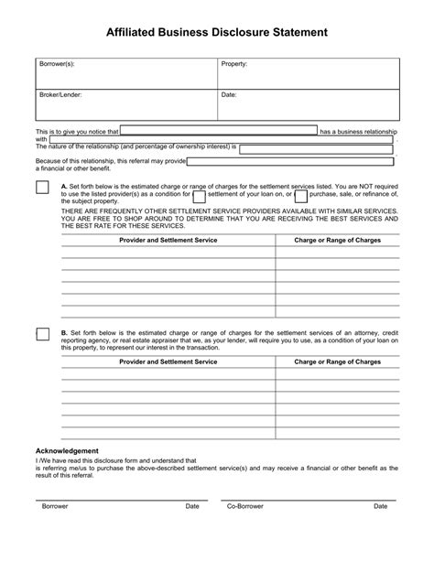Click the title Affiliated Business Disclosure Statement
pyautogui.click(x=216, y=31)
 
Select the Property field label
pyautogui.click(x=234, y=65)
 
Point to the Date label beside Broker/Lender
pyautogui.click(x=229, y=94)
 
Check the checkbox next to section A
pyautogui.click(x=42, y=188)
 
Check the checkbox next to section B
pyautogui.click(x=42, y=333)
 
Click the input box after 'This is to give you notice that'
pyautogui.click(x=219, y=132)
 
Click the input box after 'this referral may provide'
pyautogui.click(x=291, y=161)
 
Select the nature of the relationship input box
pyautogui.click(x=318, y=146)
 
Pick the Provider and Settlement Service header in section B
pyautogui.click(x=168, y=362)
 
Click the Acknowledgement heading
pyautogui.click(x=67, y=451)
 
